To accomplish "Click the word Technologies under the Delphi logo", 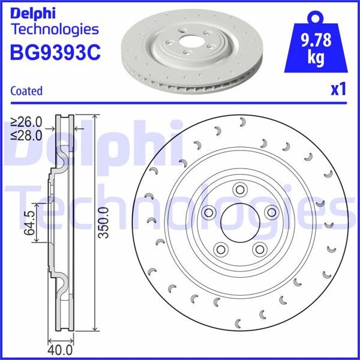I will click(55, 29).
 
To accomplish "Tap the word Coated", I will click(26, 91).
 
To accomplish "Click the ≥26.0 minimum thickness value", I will click(26, 120).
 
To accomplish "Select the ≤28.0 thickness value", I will click(26, 134).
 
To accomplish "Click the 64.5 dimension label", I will click(28, 223).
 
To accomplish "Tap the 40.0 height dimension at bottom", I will click(61, 349).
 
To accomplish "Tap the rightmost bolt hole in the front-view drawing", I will click(271, 211).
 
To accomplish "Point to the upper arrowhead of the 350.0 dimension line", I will click(95, 116).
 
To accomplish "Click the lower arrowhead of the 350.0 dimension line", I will click(95, 329).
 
